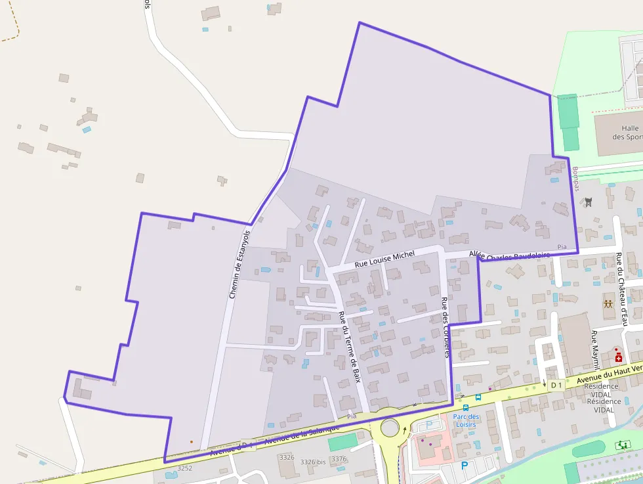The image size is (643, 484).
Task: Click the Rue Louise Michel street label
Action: pos(385,258)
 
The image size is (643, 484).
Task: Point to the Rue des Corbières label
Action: pos(446,327)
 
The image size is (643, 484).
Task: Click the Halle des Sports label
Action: pos(629,133)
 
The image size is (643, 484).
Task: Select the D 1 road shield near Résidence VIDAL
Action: pos(556,384)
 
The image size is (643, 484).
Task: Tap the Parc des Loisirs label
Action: pos(466,420)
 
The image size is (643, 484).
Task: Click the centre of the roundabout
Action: pos(390,428)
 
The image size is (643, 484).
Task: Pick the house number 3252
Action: pos(185,468)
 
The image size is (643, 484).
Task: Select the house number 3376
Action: pos(339,459)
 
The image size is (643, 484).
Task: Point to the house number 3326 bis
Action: pos(313,462)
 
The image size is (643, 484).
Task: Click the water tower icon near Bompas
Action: pos(589,202)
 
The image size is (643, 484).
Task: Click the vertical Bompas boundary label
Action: pos(577,179)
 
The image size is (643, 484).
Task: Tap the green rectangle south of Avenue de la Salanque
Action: pos(342,441)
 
